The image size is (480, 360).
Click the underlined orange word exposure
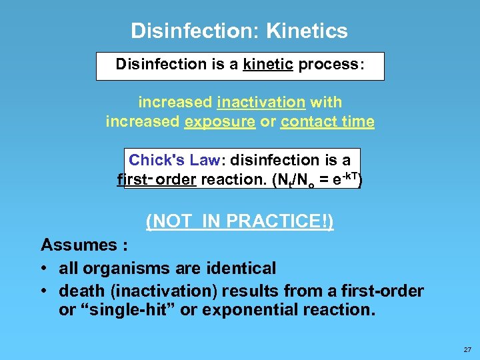point(230,122)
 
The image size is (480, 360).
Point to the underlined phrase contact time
point(327,122)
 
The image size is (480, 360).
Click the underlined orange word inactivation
point(261,103)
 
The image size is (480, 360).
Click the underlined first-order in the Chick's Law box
point(156,180)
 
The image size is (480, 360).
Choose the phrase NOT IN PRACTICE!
point(240,221)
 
